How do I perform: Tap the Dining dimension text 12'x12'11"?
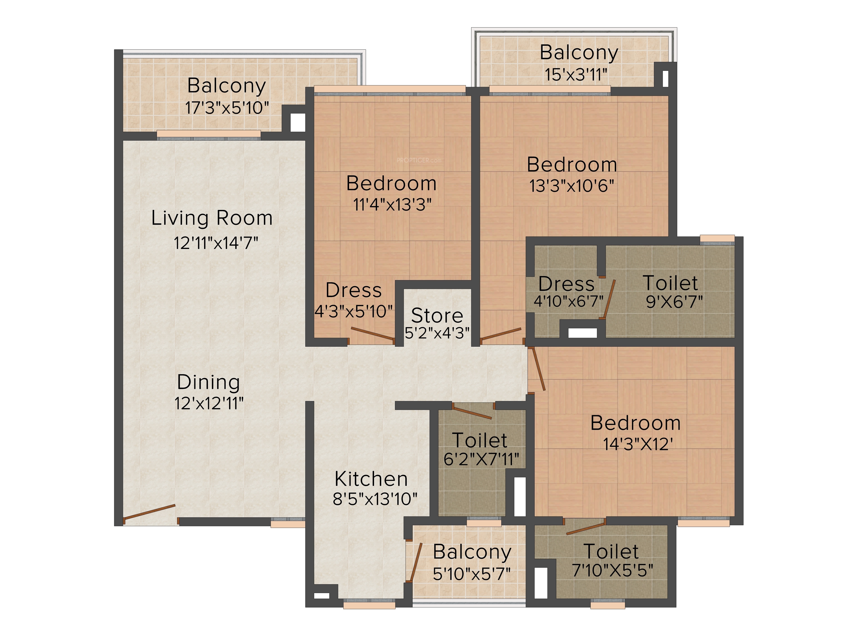coord(209,403)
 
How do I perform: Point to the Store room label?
coord(437,316)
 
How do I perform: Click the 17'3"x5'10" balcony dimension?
coord(227,108)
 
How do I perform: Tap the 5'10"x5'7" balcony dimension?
coord(472,574)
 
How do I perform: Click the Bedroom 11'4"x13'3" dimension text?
coord(392,204)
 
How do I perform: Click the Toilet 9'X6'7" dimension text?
coord(674,301)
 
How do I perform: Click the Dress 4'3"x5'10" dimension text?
coord(354,311)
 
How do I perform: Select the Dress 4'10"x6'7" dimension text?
coord(568,301)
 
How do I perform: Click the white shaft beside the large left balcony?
coord(298,122)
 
